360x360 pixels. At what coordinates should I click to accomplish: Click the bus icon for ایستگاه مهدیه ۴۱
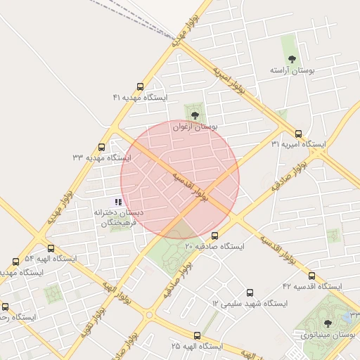click(140, 87)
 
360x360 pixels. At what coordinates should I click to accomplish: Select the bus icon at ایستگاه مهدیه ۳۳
click(102, 148)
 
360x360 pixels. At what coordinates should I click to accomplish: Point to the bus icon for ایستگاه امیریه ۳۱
click(298, 134)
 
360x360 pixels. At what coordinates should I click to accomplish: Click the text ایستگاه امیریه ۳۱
click(299, 144)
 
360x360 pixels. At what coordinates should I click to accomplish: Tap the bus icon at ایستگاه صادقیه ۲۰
click(214, 236)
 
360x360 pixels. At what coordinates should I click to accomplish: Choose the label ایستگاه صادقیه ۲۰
click(214, 247)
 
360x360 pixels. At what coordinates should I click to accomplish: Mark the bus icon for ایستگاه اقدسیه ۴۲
click(311, 276)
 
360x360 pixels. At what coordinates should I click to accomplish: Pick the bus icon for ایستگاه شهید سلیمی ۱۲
click(250, 292)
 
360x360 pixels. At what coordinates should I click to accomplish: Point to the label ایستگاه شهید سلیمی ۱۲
click(250, 303)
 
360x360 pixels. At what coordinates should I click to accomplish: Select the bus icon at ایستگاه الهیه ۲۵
click(196, 336)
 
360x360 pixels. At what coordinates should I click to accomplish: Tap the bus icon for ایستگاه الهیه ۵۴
click(51, 248)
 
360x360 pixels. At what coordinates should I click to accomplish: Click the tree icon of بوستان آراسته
click(292, 60)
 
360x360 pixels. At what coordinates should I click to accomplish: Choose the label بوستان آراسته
click(291, 71)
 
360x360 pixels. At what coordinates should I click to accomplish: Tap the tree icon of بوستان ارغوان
click(195, 115)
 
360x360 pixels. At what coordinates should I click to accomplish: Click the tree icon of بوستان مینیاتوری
click(327, 323)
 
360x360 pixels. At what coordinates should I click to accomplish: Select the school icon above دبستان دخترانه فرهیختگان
click(117, 202)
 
